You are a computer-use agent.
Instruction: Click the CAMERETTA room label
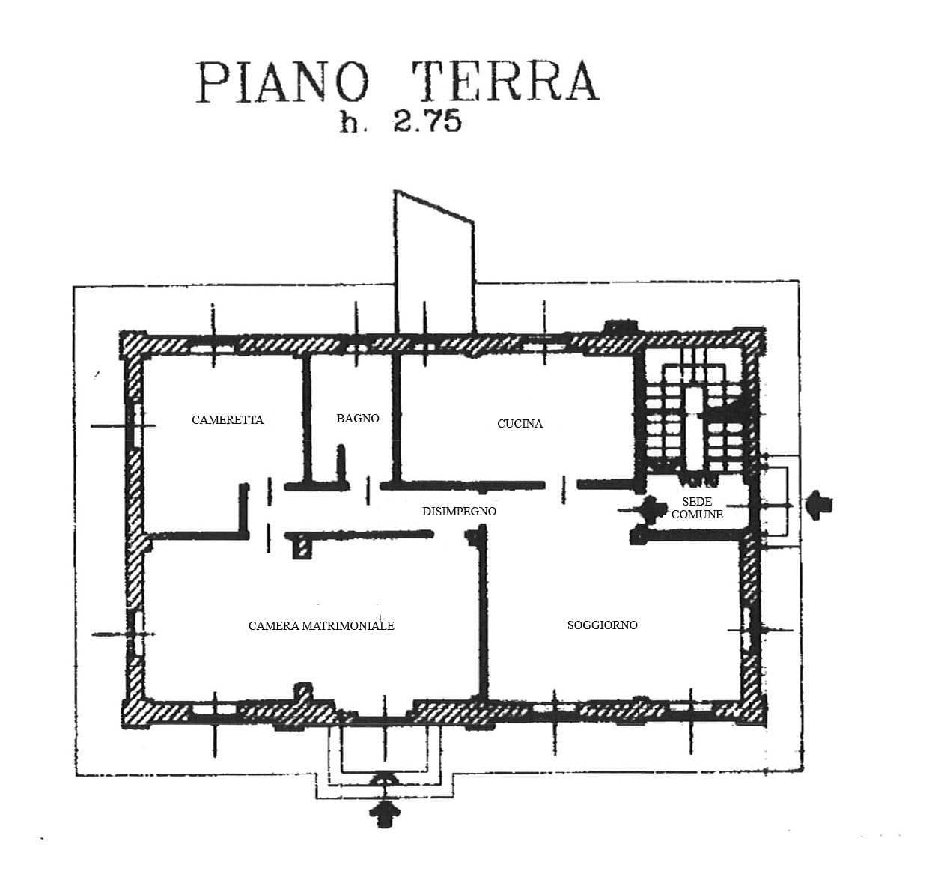coord(228,419)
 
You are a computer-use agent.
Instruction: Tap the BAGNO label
coord(358,418)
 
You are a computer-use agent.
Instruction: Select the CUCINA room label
coord(520,423)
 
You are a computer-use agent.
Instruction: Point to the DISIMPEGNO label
coord(459,511)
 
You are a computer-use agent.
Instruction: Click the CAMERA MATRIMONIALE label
coord(321,625)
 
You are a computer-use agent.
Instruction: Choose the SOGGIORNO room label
coord(602,625)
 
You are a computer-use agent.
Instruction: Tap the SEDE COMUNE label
coord(697,508)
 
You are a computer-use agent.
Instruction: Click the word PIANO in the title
coord(282,81)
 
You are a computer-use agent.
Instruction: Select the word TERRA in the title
coord(506,81)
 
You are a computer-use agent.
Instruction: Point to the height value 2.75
coord(427,122)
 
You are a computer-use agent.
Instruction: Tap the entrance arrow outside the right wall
coord(820,504)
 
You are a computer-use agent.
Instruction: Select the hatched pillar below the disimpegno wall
coord(302,547)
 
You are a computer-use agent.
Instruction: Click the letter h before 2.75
coord(350,122)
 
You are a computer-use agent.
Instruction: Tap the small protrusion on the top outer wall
coord(621,327)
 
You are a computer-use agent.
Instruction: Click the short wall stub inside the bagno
coord(341,464)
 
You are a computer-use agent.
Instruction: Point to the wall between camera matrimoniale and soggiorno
coord(483,614)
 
